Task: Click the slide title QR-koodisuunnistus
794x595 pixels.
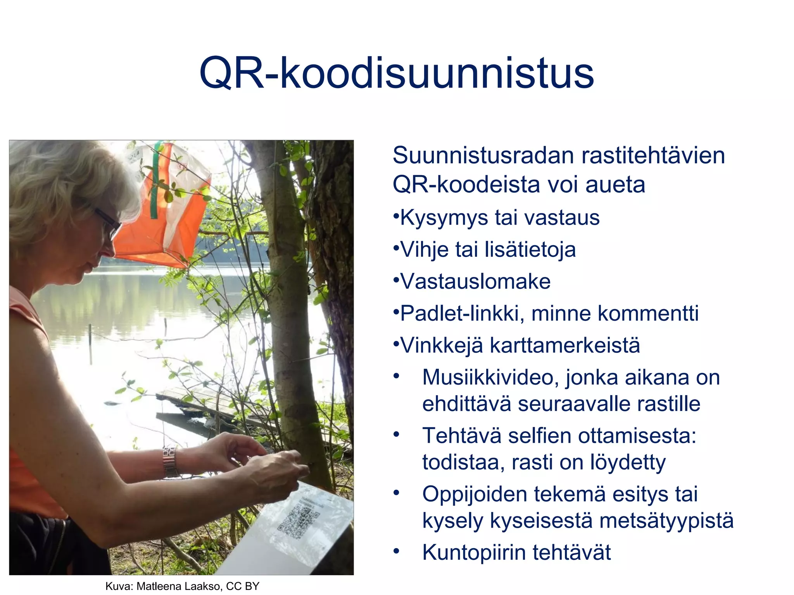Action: coord(396,73)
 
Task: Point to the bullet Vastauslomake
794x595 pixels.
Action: coord(475,282)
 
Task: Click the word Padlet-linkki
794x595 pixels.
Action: coord(459,313)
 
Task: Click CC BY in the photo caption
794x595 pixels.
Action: coord(242,586)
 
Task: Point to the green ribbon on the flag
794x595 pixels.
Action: coord(155,182)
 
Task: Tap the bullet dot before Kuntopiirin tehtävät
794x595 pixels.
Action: coord(396,551)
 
